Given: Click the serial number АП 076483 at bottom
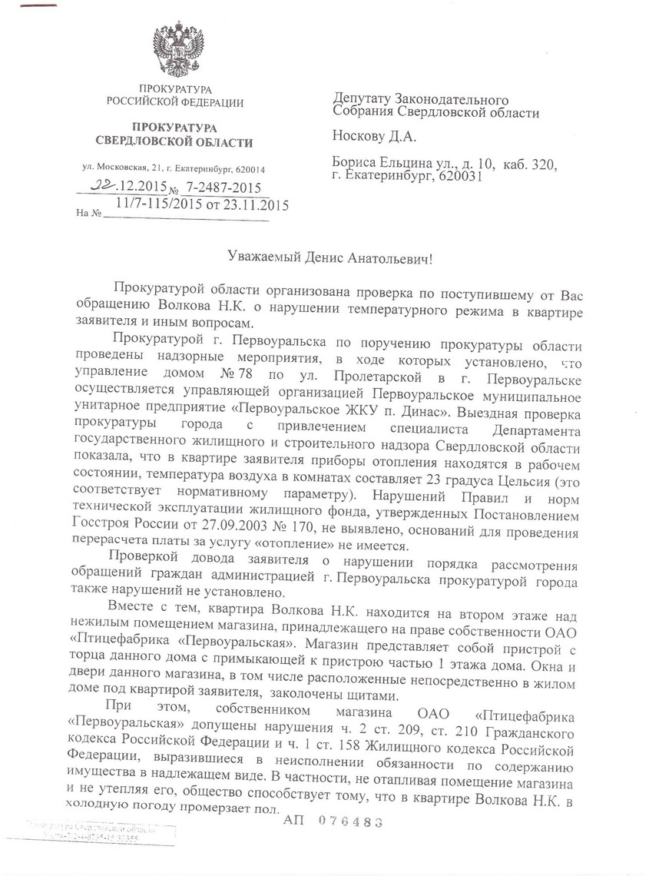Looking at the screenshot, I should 333,821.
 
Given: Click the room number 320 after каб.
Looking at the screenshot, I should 541,162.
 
